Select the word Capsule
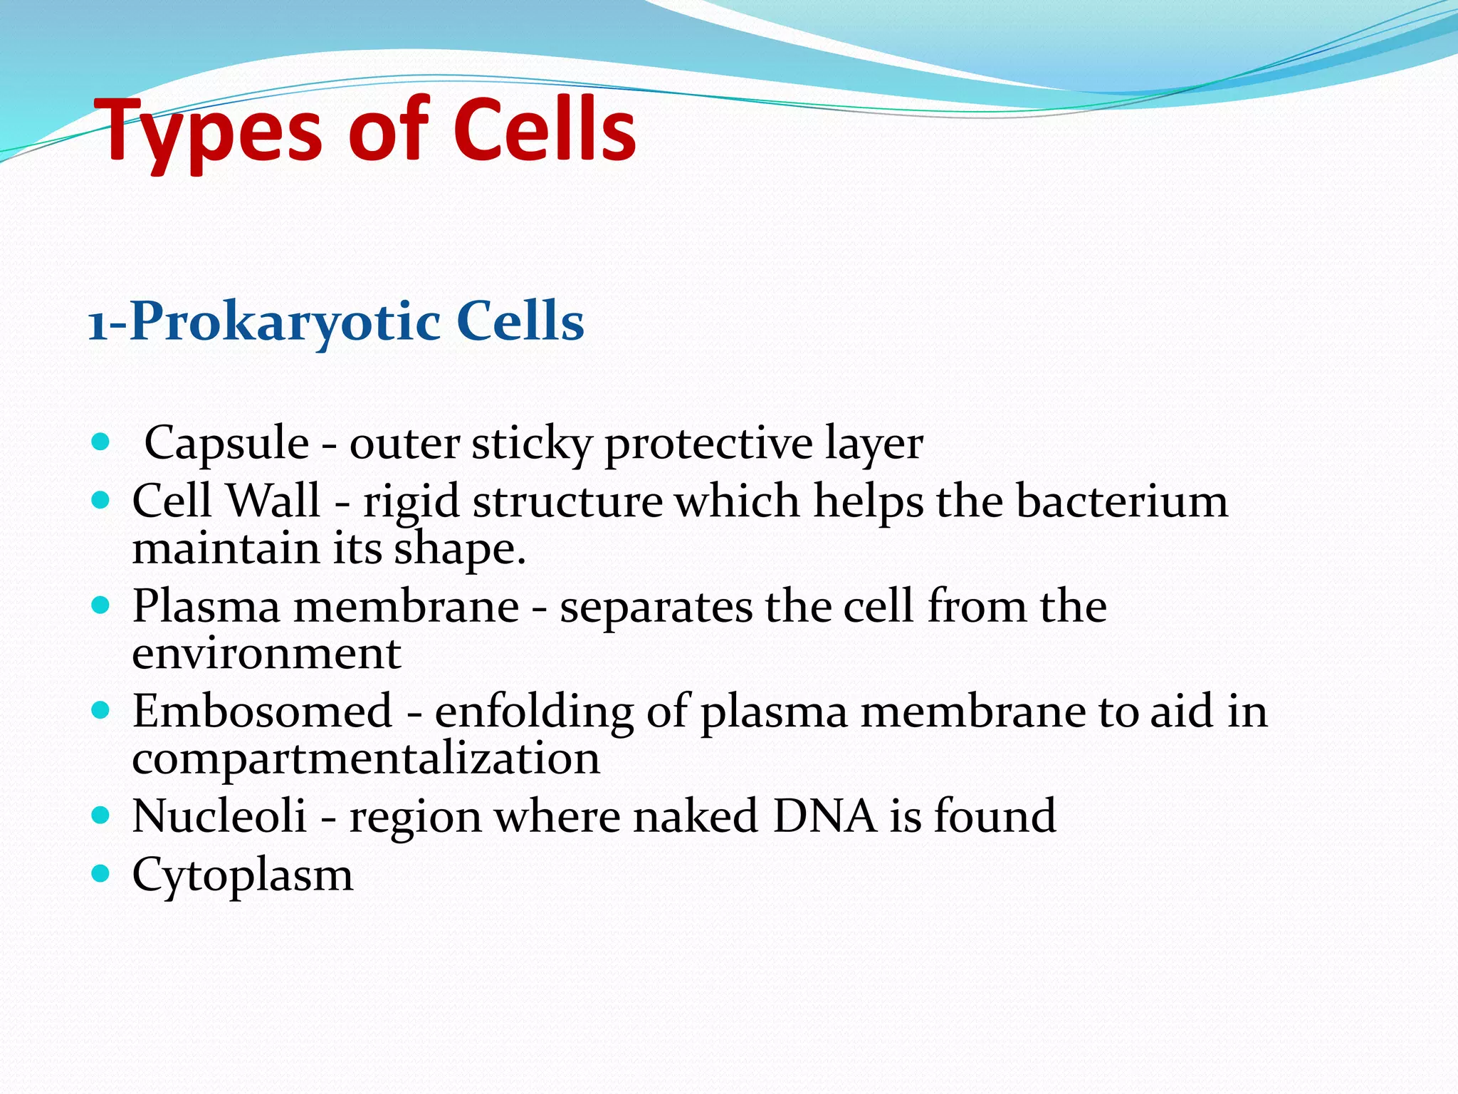click(226, 444)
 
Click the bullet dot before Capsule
click(101, 442)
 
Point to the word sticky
click(531, 444)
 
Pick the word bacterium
click(1121, 501)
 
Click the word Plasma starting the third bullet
click(206, 607)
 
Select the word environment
click(266, 653)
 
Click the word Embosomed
click(262, 712)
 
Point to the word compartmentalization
click(366, 759)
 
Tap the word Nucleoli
click(219, 816)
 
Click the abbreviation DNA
click(824, 816)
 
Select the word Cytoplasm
click(242, 875)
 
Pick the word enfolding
click(534, 712)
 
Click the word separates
click(656, 608)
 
